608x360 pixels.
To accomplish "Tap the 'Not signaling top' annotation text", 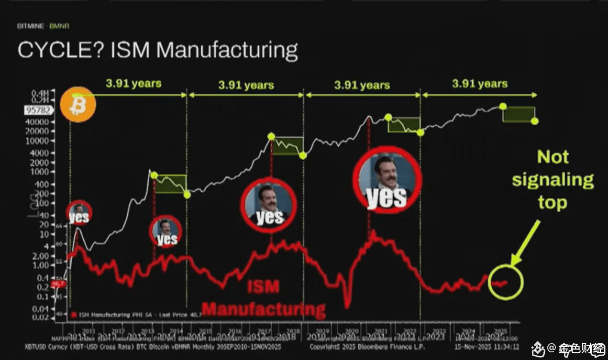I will [553, 180].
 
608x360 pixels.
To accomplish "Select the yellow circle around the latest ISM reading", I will [506, 282].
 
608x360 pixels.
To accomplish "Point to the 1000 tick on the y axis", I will [49, 172].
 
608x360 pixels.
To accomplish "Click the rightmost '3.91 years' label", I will [480, 84].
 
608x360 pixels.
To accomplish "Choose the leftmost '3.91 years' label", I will [133, 84].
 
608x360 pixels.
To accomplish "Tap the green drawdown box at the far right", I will [519, 114].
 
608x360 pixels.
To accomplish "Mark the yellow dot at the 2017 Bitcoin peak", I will [271, 136].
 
